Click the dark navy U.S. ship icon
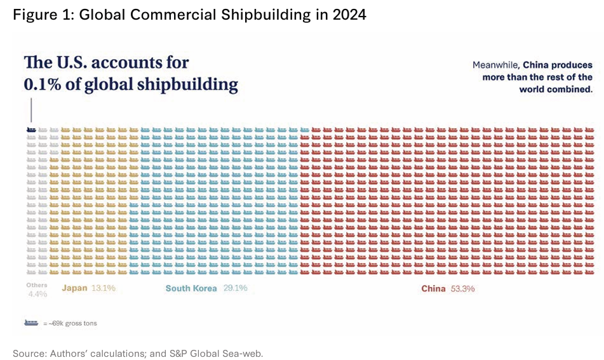(30, 130)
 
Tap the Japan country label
(74, 288)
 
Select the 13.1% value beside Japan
(103, 288)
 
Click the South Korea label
(191, 288)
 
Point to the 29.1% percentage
(235, 288)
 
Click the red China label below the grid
(433, 289)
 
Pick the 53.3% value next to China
(463, 289)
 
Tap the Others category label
(37, 285)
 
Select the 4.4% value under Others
(37, 294)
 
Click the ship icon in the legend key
(31, 323)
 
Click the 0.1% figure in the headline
(42, 84)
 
